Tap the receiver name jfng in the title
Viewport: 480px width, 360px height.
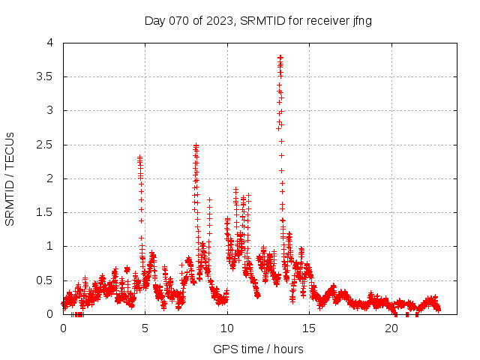click(360, 21)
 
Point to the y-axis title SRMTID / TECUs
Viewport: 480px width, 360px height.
click(10, 179)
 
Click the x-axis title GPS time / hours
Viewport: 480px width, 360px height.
click(258, 349)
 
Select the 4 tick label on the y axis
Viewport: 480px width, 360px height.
click(50, 43)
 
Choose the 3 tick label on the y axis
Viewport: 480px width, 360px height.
click(50, 111)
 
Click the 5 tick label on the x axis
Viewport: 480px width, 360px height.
click(145, 328)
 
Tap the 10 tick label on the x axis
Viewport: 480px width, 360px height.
click(227, 328)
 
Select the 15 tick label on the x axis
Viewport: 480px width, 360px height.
click(309, 328)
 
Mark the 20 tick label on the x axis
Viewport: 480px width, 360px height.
click(391, 328)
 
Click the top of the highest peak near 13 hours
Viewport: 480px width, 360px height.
click(280, 57)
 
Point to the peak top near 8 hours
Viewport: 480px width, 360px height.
click(196, 145)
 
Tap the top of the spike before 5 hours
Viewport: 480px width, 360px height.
click(139, 157)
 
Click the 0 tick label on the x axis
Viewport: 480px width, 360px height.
click(63, 328)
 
